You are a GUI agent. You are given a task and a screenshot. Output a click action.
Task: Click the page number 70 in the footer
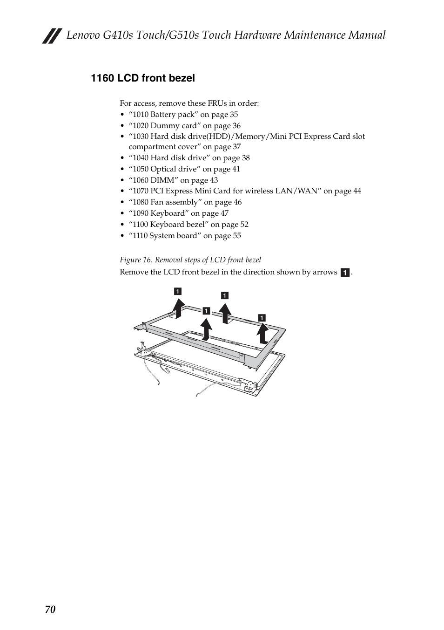click(x=50, y=609)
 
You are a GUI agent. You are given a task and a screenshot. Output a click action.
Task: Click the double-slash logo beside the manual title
click(x=52, y=36)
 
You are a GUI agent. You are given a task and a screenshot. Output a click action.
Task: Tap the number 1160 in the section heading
click(x=102, y=78)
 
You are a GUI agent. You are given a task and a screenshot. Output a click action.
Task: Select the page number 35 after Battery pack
click(x=234, y=115)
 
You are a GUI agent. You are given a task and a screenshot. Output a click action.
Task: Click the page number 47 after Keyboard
click(x=224, y=213)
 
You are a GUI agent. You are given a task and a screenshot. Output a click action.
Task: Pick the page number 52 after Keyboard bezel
click(x=244, y=225)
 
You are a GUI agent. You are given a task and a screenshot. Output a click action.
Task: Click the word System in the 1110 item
click(x=161, y=236)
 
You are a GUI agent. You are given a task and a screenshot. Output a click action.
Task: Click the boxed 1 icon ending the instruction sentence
click(x=345, y=273)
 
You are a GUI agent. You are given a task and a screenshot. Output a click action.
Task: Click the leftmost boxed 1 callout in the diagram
click(x=178, y=292)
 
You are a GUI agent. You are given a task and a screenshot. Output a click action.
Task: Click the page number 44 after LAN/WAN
click(x=357, y=191)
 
